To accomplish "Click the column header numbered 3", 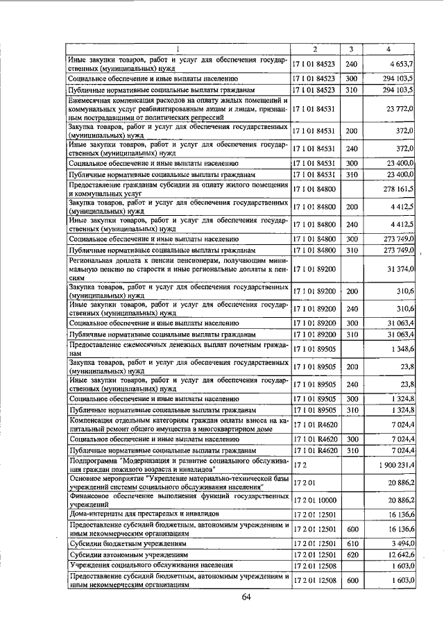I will [352, 49].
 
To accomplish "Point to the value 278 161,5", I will [398, 188].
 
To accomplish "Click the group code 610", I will [351, 543].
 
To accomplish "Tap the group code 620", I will [351, 554].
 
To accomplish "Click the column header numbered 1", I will [178, 49].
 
